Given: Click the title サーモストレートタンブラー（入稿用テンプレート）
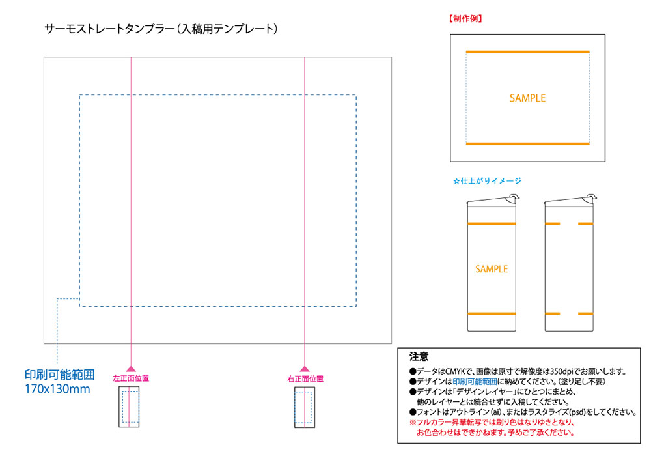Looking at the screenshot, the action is pyautogui.click(x=161, y=29).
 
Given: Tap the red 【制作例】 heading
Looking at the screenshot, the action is pyautogui.click(x=465, y=19).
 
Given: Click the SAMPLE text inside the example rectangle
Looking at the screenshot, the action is pyautogui.click(x=527, y=98).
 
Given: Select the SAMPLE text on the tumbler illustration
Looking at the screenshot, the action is pyautogui.click(x=492, y=269).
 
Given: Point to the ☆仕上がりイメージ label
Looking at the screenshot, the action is pyautogui.click(x=487, y=180).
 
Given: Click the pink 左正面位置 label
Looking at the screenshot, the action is pyautogui.click(x=131, y=378).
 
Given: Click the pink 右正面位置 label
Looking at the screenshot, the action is pyautogui.click(x=305, y=378).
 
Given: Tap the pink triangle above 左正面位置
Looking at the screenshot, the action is pyautogui.click(x=131, y=369).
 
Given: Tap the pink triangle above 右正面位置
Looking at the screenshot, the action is pyautogui.click(x=305, y=369).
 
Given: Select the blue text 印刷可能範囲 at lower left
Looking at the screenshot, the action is pyautogui.click(x=60, y=375).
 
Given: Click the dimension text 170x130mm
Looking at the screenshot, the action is pyautogui.click(x=57, y=389).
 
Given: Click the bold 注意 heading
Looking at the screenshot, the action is pyautogui.click(x=419, y=357).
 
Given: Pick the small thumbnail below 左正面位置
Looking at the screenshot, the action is pyautogui.click(x=129, y=406).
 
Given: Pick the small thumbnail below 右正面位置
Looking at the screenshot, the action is pyautogui.click(x=305, y=407).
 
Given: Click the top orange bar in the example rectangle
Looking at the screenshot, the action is pyautogui.click(x=527, y=52).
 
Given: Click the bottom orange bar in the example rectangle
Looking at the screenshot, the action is pyautogui.click(x=527, y=144).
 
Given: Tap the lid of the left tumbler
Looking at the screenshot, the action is pyautogui.click(x=492, y=200).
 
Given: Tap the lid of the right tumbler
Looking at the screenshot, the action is pyautogui.click(x=570, y=200).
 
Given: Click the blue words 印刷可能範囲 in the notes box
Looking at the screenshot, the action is pyautogui.click(x=475, y=382).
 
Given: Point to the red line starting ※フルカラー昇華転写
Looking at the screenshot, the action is pyautogui.click(x=492, y=423).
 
